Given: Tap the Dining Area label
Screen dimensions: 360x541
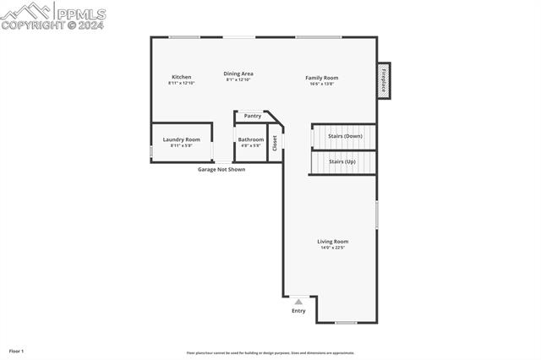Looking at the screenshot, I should point(238,74).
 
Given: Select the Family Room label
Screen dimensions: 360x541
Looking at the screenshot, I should point(321,78).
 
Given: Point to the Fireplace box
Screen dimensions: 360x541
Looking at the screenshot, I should point(383,81).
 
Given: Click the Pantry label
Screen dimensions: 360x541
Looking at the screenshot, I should point(252,116).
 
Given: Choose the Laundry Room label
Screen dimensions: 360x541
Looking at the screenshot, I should point(181,139).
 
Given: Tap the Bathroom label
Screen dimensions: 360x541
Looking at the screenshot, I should point(250,139).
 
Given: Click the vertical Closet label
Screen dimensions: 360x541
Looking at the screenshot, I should point(275,143).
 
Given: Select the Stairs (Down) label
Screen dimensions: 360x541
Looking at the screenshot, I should point(345,136).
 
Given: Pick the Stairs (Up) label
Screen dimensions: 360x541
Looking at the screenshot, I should point(342,161).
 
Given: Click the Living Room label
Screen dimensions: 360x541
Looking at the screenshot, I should point(332,242).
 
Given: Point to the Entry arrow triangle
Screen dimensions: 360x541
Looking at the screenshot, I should point(298,302).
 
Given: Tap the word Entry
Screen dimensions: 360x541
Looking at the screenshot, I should point(298,311).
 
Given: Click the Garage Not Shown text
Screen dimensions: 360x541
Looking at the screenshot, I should point(221,169).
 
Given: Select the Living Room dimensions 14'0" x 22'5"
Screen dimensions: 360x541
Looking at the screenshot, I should point(332,248).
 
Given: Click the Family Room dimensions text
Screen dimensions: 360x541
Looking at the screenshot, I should point(321,84).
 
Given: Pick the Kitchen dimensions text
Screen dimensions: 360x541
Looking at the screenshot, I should point(181,83).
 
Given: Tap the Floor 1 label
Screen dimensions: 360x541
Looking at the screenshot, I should point(16,351).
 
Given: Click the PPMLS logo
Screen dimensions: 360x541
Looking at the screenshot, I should point(54,14).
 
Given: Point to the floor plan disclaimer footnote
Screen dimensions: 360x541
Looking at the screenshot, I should point(270,353).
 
